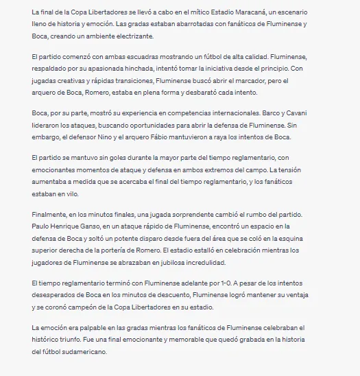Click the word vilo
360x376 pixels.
72,193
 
